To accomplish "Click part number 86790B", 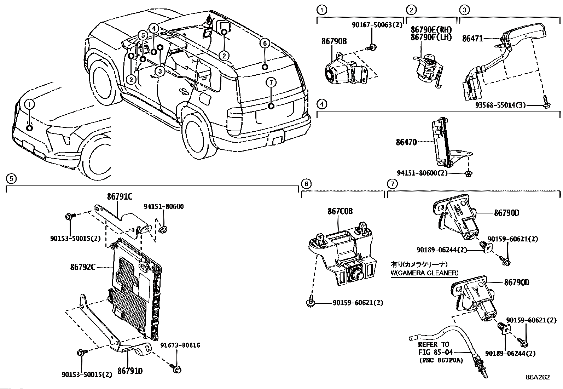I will click(x=334, y=41).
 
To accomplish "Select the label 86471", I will click(x=472, y=39).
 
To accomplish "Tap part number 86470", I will click(x=406, y=142).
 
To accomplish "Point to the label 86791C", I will click(x=120, y=197).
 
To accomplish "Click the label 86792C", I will click(x=82, y=268).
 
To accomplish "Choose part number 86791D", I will click(x=130, y=371).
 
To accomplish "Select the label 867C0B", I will click(x=340, y=212).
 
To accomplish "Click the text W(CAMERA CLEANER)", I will click(x=424, y=273).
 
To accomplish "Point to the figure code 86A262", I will click(x=537, y=377).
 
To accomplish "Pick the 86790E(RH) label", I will click(x=431, y=30).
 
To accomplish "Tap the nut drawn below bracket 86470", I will click(x=468, y=173).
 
